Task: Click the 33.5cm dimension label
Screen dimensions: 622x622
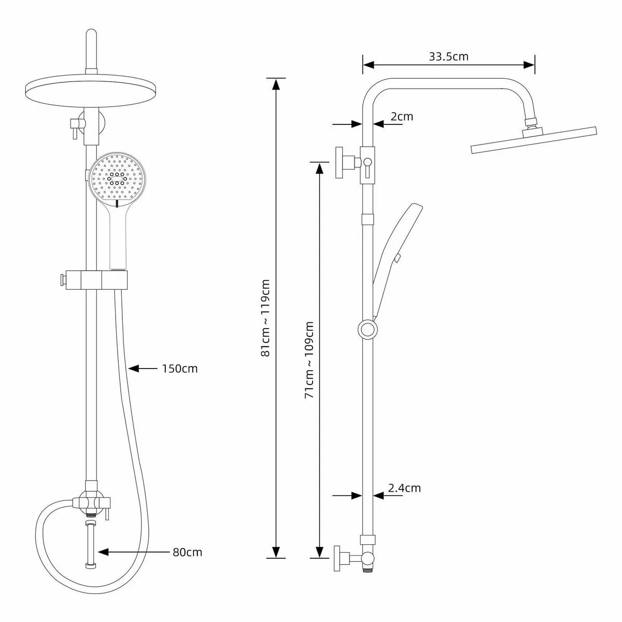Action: [448, 56]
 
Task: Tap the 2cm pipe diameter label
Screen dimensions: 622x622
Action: [402, 116]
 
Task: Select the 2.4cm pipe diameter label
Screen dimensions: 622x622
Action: [404, 488]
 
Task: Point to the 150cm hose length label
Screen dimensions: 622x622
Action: [180, 369]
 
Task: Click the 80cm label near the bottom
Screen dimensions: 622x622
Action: [187, 552]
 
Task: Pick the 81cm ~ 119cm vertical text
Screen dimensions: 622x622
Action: [266, 318]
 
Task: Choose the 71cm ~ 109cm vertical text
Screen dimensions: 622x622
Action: [309, 360]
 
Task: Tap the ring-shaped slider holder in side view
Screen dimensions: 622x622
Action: [367, 329]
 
